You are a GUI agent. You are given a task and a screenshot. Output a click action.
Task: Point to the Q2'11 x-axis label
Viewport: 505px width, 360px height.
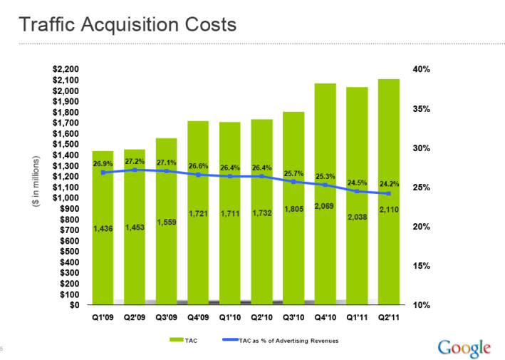388,318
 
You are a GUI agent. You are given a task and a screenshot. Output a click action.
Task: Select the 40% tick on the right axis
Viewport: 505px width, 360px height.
422,69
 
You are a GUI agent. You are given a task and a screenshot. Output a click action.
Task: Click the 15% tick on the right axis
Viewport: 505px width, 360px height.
422,266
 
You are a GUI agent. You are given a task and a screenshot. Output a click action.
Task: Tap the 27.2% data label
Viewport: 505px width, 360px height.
135,161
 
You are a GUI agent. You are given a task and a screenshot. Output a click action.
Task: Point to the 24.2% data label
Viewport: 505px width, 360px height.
388,184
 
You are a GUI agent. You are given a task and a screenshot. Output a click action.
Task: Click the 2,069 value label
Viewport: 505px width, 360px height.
324,206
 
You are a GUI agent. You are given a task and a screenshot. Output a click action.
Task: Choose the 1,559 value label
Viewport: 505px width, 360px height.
166,222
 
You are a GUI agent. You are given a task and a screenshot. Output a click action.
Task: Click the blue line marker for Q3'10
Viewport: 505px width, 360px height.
293,182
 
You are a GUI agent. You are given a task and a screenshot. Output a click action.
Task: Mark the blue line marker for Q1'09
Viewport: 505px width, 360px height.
103,173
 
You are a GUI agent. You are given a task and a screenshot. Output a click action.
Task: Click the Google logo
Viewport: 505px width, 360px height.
464,348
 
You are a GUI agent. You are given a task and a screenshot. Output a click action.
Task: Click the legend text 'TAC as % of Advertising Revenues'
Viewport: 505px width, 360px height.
288,341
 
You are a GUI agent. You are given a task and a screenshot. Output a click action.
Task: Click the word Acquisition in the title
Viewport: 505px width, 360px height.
127,25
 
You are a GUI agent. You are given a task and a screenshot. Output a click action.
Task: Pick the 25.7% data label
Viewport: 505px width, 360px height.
293,173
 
